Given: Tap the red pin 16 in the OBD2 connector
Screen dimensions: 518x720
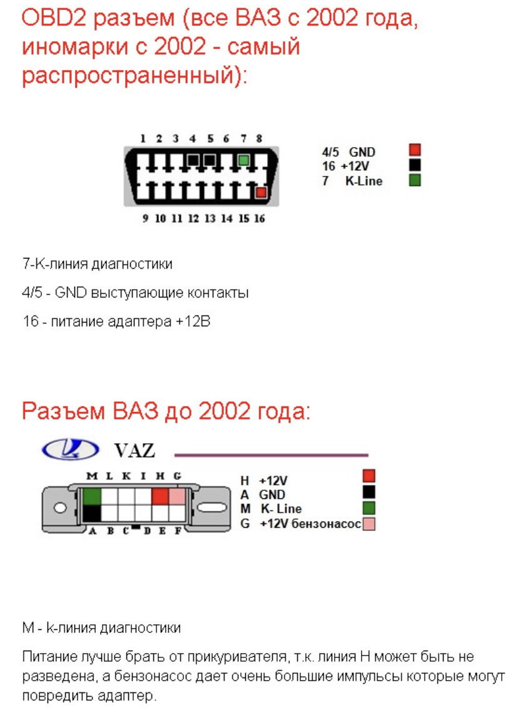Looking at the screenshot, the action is (261, 193).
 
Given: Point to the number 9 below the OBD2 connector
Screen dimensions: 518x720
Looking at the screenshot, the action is (145, 219).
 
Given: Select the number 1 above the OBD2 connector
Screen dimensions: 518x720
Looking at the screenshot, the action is (143, 138).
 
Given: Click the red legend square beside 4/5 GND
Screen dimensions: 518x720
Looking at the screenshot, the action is (414, 150).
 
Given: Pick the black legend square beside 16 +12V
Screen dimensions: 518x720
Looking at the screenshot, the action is (414, 165).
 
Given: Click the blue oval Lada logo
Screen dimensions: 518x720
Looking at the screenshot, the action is (70, 449).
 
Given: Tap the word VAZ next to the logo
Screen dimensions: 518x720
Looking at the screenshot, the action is (135, 450).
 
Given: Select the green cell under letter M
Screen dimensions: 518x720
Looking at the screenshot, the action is (92, 496).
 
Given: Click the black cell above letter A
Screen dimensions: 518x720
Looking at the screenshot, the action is (92, 514).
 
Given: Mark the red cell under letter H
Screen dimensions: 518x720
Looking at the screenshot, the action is (160, 496).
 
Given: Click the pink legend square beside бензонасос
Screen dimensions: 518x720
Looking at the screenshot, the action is (368, 524).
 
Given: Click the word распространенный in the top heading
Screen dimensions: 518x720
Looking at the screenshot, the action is (134, 76).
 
